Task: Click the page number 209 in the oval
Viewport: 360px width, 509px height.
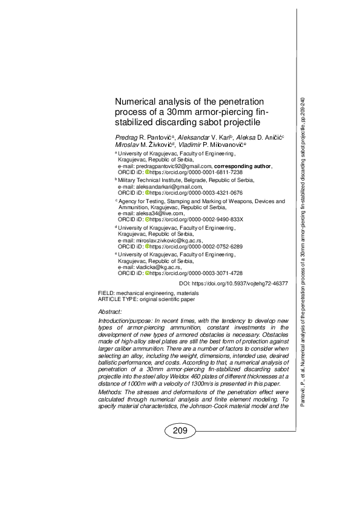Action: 180,431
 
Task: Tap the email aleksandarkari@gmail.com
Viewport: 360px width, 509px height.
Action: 160,186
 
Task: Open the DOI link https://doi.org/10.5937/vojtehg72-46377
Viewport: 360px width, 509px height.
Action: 235,283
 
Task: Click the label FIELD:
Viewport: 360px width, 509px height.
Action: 106,293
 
